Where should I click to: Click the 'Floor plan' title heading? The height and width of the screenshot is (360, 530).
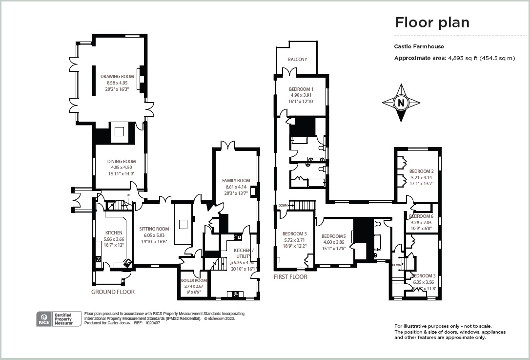(432, 22)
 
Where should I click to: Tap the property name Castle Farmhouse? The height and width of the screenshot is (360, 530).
(419, 47)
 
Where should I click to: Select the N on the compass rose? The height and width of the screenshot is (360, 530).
(401, 103)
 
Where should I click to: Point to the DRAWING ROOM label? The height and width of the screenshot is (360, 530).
(117, 77)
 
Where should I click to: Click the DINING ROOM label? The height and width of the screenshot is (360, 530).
(122, 162)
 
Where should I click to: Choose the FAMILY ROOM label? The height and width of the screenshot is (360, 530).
(236, 180)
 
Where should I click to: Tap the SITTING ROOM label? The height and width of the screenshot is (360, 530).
(154, 229)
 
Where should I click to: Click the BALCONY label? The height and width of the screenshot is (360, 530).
(297, 60)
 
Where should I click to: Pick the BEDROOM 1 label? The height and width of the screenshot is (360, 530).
(301, 89)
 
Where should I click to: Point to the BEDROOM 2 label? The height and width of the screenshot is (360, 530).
(421, 171)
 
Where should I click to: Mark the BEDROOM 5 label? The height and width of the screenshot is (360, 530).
(334, 236)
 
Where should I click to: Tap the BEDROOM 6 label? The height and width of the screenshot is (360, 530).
(421, 216)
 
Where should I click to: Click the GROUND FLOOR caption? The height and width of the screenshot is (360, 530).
(113, 292)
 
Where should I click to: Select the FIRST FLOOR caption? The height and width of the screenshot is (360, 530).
(290, 277)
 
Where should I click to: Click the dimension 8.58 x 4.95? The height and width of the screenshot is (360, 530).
(117, 83)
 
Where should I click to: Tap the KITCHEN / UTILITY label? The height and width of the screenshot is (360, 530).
(244, 253)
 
